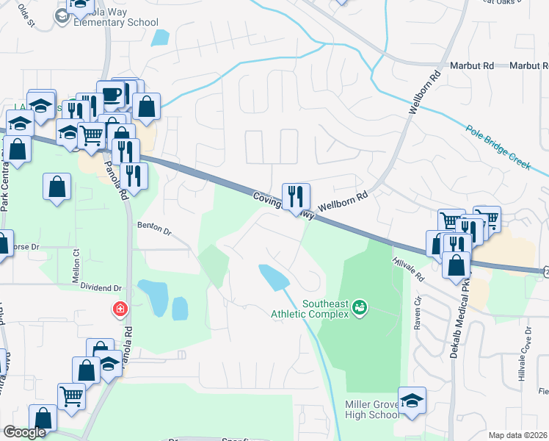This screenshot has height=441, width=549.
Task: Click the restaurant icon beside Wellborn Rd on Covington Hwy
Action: (x=297, y=196)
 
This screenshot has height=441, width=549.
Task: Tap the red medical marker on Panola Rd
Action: (x=119, y=309)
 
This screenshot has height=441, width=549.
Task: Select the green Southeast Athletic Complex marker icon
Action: (x=360, y=306)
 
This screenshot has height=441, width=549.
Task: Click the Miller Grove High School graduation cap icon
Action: (x=412, y=401)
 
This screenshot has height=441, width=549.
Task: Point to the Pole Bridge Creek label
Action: (x=497, y=146)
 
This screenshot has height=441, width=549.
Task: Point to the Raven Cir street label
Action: (x=417, y=313)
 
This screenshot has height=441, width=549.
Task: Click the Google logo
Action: (x=24, y=432)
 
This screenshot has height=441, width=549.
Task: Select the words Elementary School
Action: (x=116, y=22)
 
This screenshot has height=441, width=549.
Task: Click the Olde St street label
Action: (x=26, y=15)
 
